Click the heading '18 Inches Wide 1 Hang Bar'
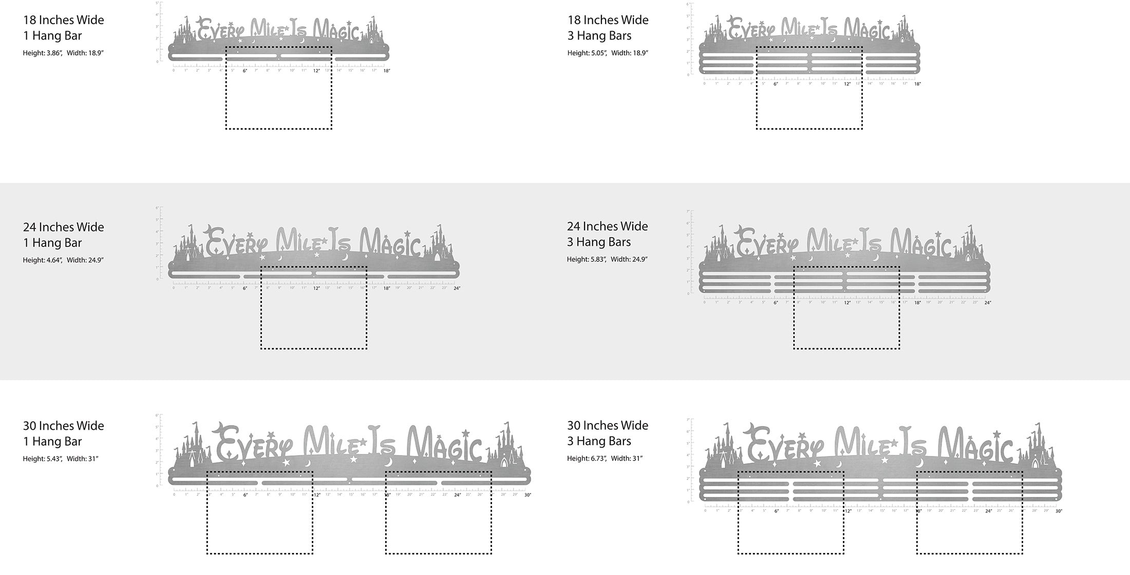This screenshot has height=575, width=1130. coord(63,28)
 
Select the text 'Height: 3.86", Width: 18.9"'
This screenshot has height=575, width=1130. coord(63,53)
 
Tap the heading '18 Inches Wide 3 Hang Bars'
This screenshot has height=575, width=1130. coord(608,28)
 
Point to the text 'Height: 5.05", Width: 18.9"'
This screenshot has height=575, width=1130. coord(608,53)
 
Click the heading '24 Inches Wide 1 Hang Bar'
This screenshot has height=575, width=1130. coord(63,235)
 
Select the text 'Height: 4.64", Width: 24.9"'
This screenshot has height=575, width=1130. coord(63,260)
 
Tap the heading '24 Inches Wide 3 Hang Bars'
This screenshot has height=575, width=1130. coord(607,234)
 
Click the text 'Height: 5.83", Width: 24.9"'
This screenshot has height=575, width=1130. coord(607,259)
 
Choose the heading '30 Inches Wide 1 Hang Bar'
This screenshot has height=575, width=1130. coord(63,433)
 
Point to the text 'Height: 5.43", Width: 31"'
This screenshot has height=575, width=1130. coord(61,459)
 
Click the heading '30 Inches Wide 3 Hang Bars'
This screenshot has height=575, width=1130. coord(607,433)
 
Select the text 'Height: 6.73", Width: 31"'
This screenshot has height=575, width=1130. coord(605,458)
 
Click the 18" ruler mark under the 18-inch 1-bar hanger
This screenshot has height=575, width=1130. coord(386,71)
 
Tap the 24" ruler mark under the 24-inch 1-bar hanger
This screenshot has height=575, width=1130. coord(457,289)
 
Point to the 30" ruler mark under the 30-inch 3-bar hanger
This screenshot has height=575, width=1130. coord(1059,511)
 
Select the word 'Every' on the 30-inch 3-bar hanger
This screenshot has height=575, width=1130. coord(786,445)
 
